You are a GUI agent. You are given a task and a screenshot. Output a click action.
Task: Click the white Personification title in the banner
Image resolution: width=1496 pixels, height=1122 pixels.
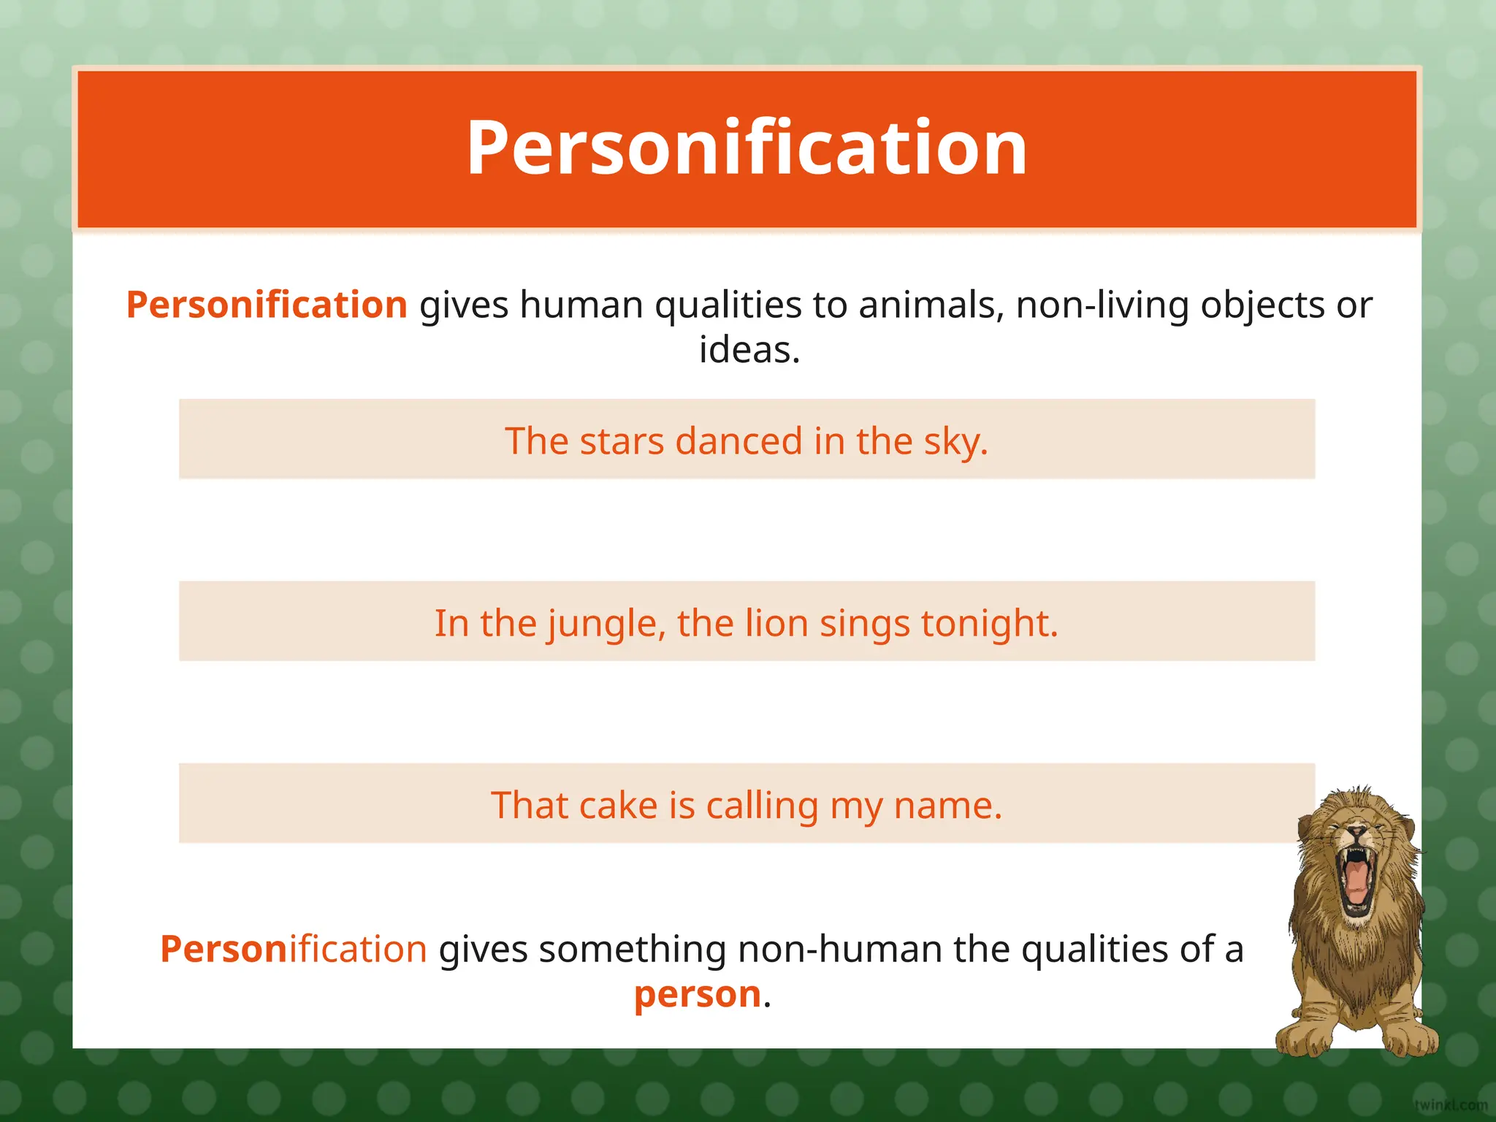click(x=747, y=149)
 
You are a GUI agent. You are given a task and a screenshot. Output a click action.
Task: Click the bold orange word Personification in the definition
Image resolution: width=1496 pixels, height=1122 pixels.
click(x=267, y=305)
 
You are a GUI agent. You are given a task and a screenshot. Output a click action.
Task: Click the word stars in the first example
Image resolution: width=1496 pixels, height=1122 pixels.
click(x=621, y=441)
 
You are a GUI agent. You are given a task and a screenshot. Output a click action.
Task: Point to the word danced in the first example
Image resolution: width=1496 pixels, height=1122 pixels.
click(x=739, y=441)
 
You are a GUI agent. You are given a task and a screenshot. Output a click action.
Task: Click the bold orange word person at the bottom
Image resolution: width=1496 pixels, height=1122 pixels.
click(x=697, y=994)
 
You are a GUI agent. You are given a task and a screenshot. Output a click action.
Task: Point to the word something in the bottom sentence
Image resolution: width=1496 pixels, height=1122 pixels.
click(x=633, y=950)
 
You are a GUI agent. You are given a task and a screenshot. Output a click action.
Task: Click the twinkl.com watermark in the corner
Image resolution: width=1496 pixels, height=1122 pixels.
click(x=1450, y=1105)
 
